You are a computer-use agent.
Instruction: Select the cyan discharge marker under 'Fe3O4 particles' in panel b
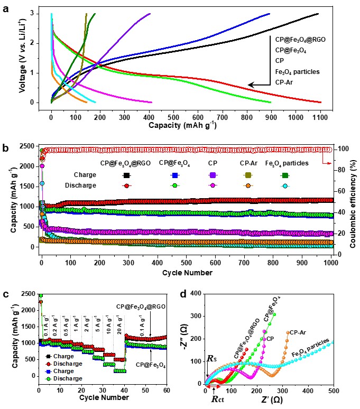[x=315, y=185]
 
